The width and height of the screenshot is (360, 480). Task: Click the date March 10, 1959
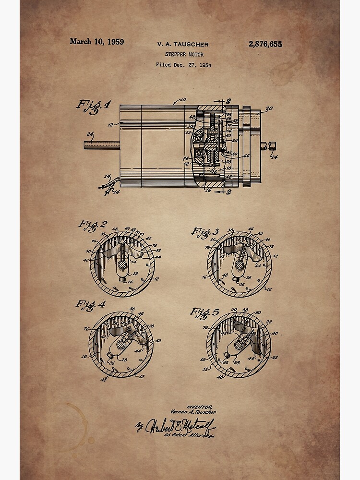[96, 42]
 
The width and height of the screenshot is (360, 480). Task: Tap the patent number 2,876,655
[265, 44]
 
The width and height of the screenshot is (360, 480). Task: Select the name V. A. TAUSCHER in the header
[183, 45]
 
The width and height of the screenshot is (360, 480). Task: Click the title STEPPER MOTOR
[184, 55]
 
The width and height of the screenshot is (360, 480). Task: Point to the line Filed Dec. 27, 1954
[183, 65]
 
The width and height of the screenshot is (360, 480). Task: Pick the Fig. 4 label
[90, 305]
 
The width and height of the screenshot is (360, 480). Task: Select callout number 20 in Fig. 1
[269, 109]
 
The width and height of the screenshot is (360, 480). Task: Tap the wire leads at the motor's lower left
[110, 185]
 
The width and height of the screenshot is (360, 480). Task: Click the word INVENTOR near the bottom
[196, 407]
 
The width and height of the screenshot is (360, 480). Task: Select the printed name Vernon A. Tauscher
[193, 412]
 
